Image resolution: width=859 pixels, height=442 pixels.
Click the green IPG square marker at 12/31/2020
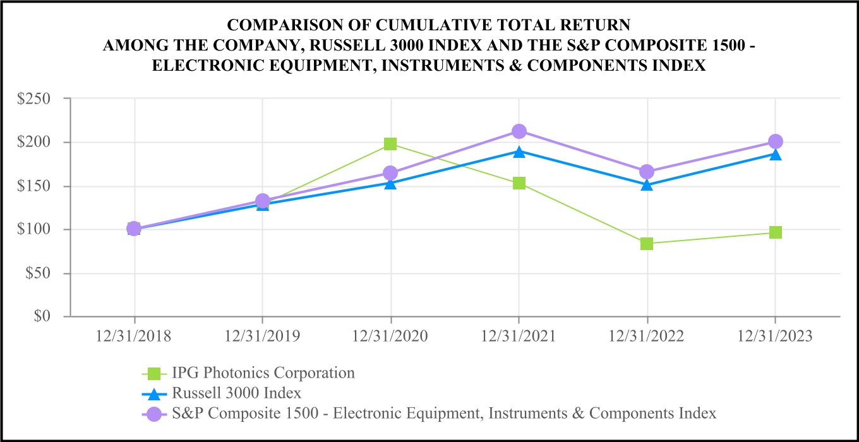click(390, 144)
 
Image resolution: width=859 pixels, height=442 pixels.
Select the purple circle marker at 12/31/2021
click(519, 131)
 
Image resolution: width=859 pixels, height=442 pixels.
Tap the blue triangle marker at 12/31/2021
click(519, 152)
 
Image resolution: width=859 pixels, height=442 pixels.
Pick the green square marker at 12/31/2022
click(647, 244)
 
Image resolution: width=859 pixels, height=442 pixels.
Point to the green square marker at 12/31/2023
click(776, 232)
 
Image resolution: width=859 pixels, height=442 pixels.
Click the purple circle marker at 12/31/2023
click(776, 141)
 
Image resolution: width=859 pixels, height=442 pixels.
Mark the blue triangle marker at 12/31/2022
click(647, 185)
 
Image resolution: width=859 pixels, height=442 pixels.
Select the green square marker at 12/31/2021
click(519, 183)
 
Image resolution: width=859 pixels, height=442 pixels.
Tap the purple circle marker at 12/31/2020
click(390, 173)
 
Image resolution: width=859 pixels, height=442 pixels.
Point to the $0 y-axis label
click(51, 316)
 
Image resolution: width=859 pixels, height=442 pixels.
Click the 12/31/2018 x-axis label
click(134, 336)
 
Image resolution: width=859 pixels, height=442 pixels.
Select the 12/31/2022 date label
click(647, 336)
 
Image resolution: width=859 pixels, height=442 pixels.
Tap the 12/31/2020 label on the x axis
click(390, 336)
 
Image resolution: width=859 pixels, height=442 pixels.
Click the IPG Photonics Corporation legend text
click(263, 373)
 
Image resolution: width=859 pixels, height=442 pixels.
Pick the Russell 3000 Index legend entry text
click(236, 393)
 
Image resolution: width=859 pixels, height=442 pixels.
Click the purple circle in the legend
click(152, 414)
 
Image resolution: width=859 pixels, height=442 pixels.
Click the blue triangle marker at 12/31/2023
click(776, 154)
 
